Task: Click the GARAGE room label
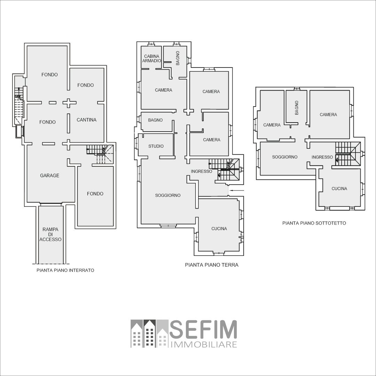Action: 50,175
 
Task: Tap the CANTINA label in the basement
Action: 87,120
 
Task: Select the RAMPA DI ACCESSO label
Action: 50,234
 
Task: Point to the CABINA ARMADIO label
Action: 151,58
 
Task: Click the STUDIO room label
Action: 156,146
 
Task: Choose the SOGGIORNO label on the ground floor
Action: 168,195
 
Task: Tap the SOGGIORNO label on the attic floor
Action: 285,157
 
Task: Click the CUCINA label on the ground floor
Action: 219,229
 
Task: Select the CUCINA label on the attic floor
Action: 339,189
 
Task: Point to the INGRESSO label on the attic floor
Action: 322,157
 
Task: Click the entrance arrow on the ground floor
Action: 237,190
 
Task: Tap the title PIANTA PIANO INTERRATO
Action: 65,270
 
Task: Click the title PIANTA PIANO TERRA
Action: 212,265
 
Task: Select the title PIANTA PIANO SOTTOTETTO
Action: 314,223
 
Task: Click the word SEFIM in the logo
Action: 203,329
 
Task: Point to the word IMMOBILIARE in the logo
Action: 204,345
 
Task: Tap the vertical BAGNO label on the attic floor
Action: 297,108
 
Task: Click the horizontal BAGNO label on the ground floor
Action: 155,120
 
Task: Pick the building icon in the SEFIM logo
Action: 149,334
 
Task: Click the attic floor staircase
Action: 348,154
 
